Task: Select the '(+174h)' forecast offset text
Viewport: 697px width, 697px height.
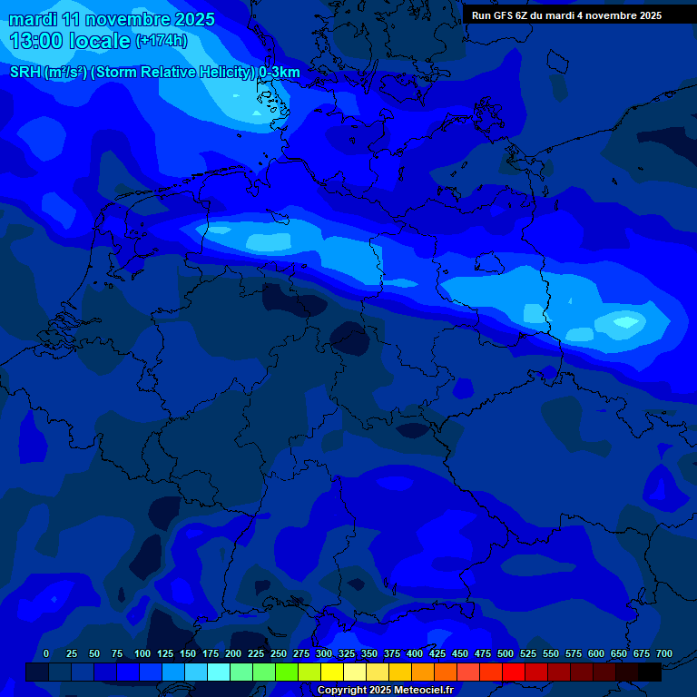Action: (x=162, y=41)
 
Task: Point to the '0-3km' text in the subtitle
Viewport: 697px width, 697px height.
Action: (x=280, y=73)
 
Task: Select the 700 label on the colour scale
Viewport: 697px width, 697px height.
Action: (x=663, y=653)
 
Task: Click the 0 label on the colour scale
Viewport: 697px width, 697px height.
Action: (x=46, y=653)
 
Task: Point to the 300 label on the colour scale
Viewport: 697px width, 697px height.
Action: (x=324, y=653)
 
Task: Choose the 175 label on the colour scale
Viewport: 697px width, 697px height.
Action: (x=211, y=653)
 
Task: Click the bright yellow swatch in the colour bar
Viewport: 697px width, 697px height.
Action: (x=332, y=672)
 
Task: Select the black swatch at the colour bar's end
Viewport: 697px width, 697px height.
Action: (x=650, y=672)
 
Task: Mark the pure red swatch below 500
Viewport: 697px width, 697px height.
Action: (x=514, y=672)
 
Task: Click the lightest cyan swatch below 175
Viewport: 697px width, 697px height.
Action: (x=219, y=672)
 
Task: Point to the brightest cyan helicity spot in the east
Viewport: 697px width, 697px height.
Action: (x=626, y=321)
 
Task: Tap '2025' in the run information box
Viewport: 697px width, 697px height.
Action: (x=645, y=15)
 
